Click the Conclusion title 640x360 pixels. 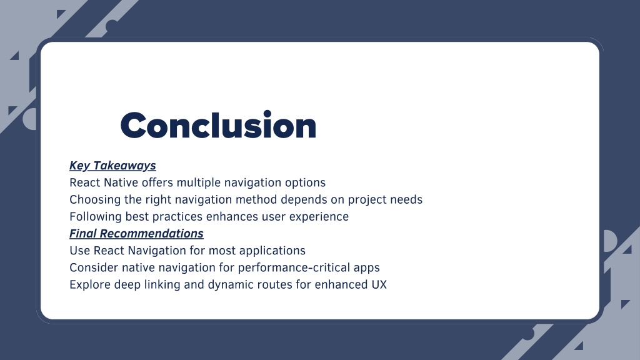click(x=218, y=125)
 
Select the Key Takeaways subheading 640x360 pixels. click(x=112, y=165)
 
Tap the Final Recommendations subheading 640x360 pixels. click(x=136, y=234)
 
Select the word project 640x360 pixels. click(x=367, y=200)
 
